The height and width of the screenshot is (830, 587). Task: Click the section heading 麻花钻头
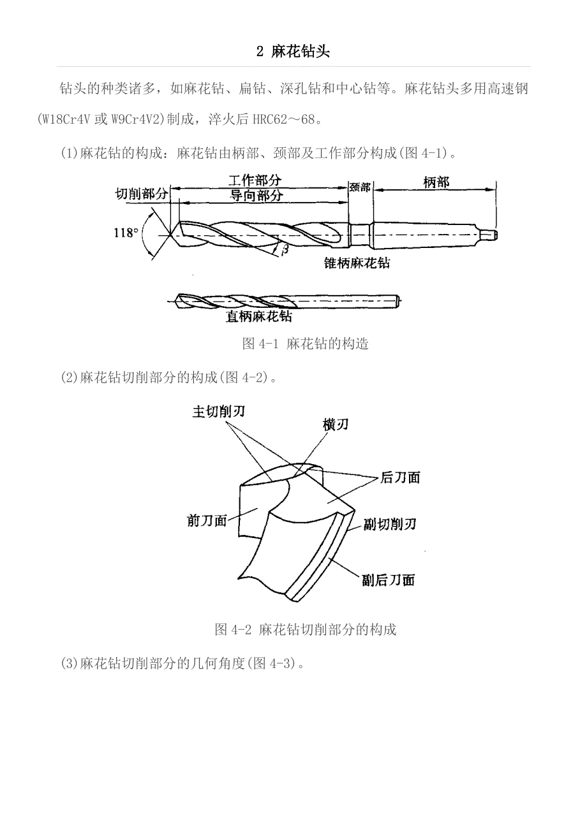293,52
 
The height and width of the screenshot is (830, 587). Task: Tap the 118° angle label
126,233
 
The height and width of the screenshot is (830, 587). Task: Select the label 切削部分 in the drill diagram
141,193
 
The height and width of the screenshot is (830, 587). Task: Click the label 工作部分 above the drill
255,181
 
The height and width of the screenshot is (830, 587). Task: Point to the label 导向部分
256,196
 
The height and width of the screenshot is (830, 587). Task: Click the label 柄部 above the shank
436,182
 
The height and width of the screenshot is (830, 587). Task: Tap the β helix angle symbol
285,249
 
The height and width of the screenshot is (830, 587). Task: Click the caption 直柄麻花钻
259,316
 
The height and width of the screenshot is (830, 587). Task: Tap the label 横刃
336,425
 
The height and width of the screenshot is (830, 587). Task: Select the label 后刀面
400,477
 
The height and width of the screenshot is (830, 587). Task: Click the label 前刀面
207,521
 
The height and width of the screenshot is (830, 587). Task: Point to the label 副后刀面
388,580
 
